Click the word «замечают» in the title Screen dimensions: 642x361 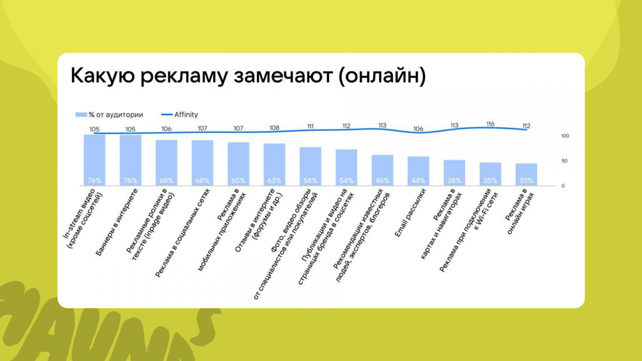tap(283, 76)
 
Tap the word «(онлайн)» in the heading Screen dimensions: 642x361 tap(382, 77)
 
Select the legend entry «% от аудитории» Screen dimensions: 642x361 tap(109, 115)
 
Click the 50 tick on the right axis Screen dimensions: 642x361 tap(564, 161)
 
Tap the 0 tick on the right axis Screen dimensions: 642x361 tap(563, 186)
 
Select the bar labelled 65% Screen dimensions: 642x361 tap(238, 164)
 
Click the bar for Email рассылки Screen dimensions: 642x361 tap(419, 171)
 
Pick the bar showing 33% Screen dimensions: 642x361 tap(526, 174)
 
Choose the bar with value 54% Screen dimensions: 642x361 tap(347, 168)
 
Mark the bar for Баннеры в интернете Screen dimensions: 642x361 tap(130, 160)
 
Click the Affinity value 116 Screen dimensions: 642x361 tap(490, 124)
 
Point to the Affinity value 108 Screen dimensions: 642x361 tap(274, 128)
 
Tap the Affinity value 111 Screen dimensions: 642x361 tap(311, 126)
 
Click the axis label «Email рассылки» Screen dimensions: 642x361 tap(410, 213)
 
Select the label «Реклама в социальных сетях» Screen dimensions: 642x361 tap(182, 233)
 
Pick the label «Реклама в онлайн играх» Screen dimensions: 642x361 tap(520, 211)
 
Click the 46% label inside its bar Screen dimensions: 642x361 tap(382, 181)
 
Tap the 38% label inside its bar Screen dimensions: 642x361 tap(454, 181)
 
